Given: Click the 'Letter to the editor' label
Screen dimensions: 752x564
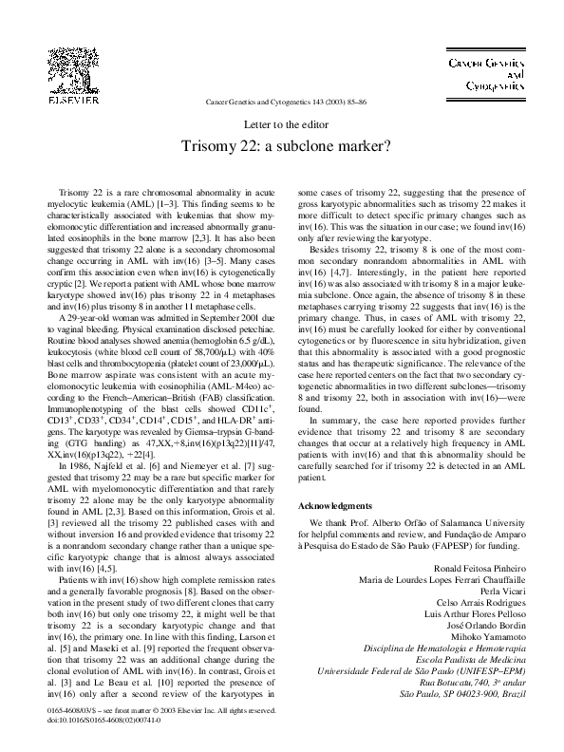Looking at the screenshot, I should point(282,125).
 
